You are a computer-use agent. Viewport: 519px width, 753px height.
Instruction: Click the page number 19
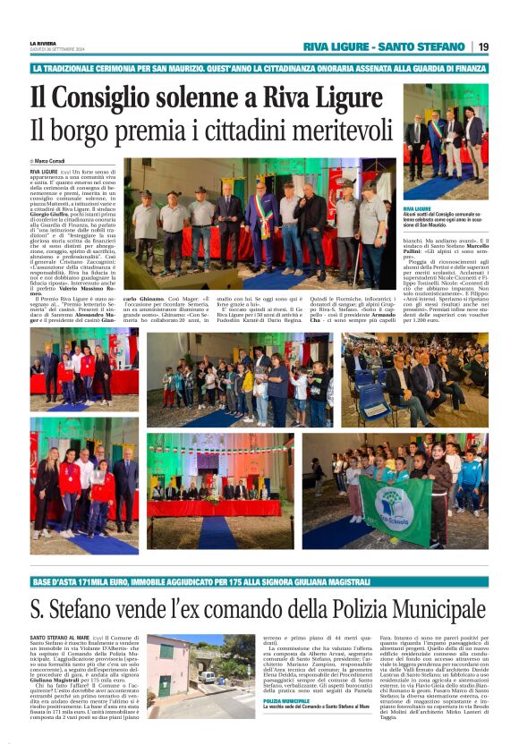click(x=483, y=47)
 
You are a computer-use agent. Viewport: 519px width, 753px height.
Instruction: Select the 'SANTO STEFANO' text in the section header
click(x=420, y=47)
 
